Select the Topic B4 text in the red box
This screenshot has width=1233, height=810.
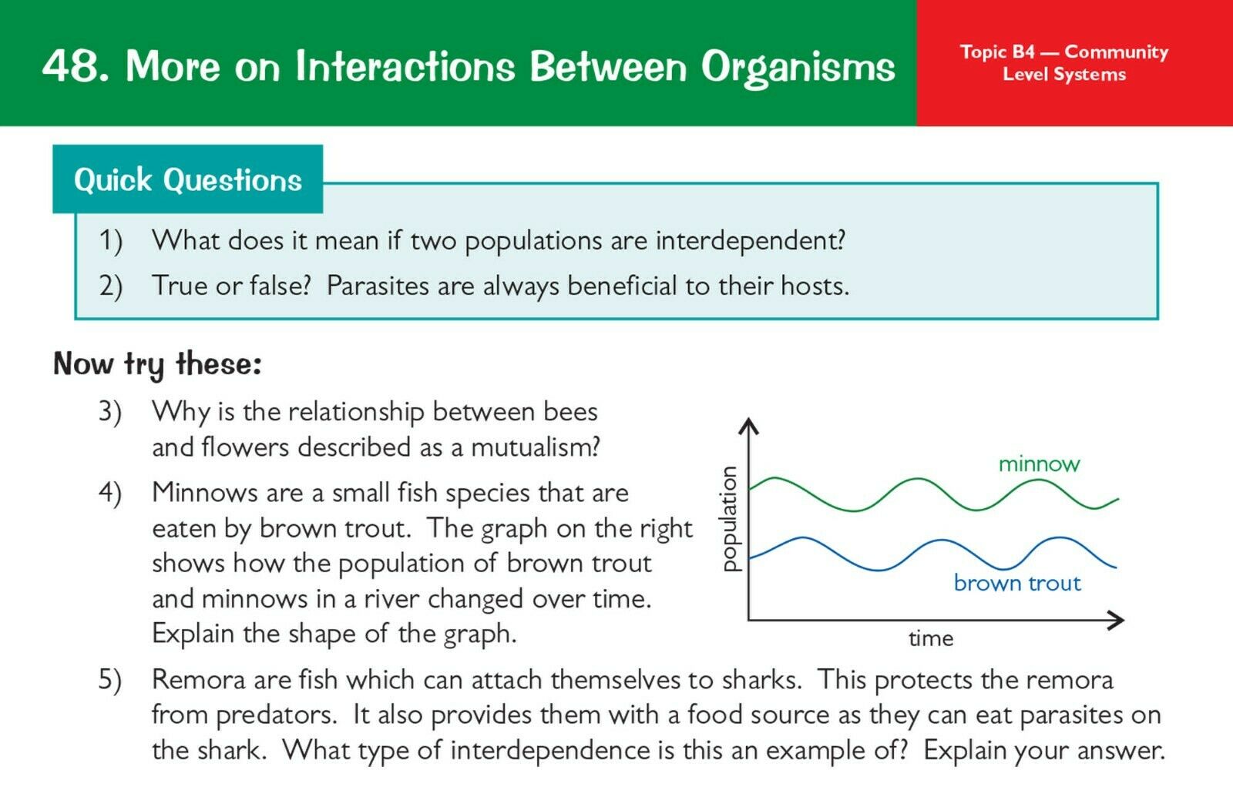click(997, 52)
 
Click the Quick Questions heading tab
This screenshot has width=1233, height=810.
click(188, 179)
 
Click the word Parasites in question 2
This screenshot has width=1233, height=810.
click(378, 286)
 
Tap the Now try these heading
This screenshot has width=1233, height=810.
click(157, 364)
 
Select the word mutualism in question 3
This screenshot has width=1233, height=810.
click(535, 447)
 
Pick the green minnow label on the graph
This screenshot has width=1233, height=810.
click(1040, 464)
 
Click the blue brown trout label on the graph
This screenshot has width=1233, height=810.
click(1017, 583)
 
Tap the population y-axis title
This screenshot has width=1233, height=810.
click(730, 518)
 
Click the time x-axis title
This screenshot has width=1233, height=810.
click(931, 639)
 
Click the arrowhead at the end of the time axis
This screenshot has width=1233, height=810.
click(1117, 621)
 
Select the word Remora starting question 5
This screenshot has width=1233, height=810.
click(199, 680)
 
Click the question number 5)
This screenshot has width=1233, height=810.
click(110, 681)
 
